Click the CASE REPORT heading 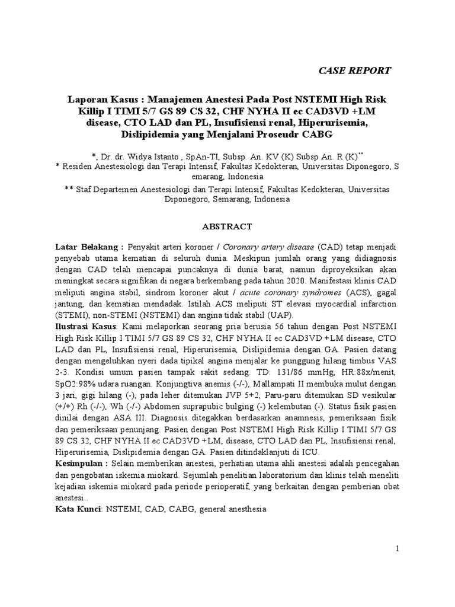(x=355, y=71)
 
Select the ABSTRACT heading (x=227, y=226)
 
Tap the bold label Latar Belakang (x=89, y=247)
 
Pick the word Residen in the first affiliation (x=79, y=167)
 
